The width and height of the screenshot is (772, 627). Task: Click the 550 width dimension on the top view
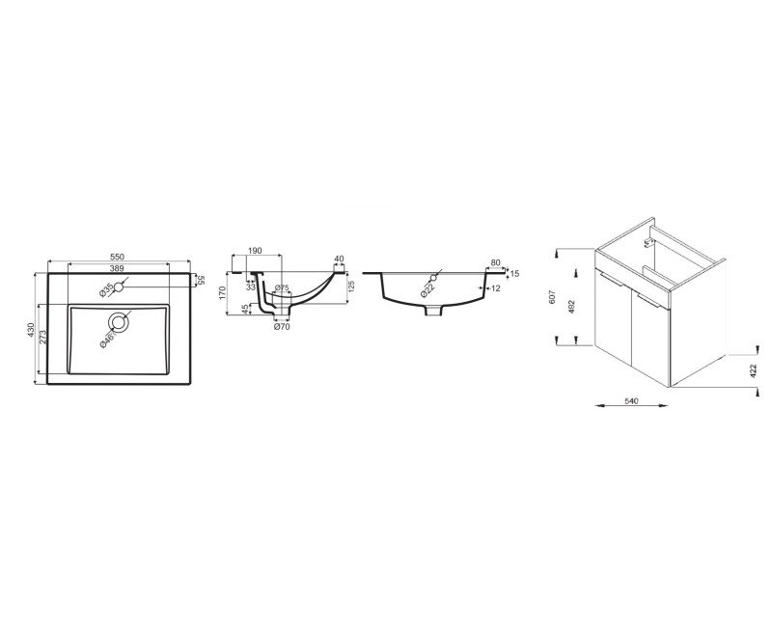pyautogui.click(x=117, y=257)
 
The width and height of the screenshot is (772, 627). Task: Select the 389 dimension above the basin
pyautogui.click(x=116, y=268)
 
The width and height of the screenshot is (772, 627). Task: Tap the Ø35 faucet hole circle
pyautogui.click(x=119, y=286)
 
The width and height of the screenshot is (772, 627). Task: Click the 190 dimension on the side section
pyautogui.click(x=256, y=251)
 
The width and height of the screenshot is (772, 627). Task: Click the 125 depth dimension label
pyautogui.click(x=351, y=286)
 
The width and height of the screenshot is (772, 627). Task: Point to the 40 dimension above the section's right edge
pyautogui.click(x=338, y=259)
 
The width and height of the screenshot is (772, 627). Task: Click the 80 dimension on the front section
pyautogui.click(x=496, y=261)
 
